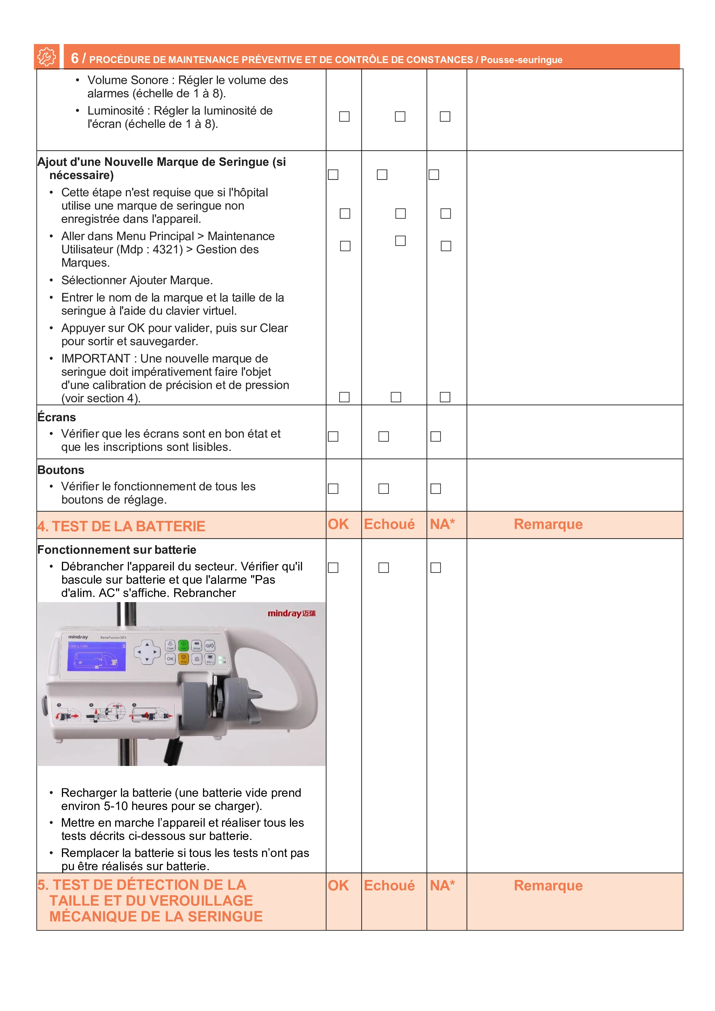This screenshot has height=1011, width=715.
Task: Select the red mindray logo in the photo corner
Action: click(291, 613)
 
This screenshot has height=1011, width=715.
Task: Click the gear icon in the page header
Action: click(46, 57)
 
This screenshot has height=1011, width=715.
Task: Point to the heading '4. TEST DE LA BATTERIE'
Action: click(121, 526)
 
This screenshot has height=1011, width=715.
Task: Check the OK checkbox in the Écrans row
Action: click(333, 436)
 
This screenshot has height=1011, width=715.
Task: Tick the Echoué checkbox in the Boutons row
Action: click(384, 489)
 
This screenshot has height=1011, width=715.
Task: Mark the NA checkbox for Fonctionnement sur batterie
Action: click(435, 568)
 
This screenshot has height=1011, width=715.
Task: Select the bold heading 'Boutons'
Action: click(61, 470)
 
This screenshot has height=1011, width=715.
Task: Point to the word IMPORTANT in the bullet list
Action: click(96, 359)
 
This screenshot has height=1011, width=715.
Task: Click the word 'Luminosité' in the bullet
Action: click(115, 111)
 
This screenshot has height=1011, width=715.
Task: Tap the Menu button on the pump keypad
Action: click(210, 659)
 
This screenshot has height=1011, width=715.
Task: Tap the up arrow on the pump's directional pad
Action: click(147, 644)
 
